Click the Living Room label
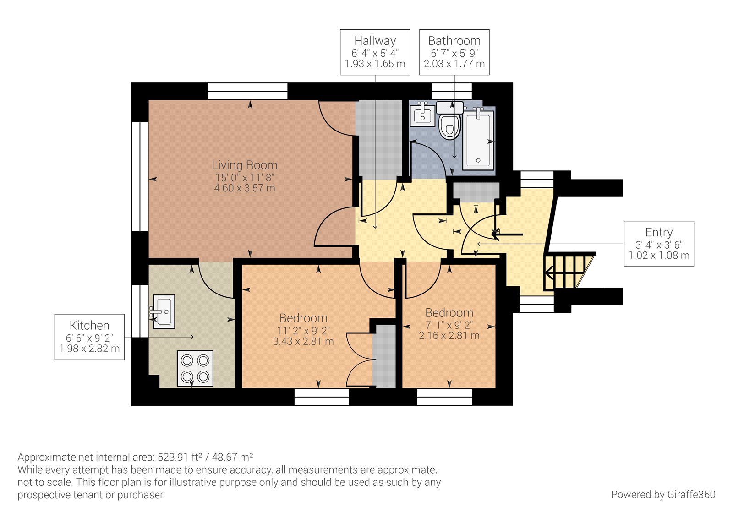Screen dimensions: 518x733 244,165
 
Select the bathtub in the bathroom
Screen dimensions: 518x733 479,140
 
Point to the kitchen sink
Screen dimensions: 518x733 164,311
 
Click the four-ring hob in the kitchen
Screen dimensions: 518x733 195,368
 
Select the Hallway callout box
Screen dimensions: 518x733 375,52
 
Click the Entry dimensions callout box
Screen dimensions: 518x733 658,244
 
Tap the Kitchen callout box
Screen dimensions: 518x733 89,337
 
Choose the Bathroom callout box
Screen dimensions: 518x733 454,52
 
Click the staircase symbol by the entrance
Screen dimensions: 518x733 566,272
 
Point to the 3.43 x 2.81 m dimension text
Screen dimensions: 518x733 303,342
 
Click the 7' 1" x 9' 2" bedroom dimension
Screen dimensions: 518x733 449,325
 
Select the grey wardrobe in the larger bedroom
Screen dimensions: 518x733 384,356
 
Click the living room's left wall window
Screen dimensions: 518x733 140,176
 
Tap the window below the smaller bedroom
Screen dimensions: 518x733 444,397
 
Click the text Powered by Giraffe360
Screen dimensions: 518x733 663,495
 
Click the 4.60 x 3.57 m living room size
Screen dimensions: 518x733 245,188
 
